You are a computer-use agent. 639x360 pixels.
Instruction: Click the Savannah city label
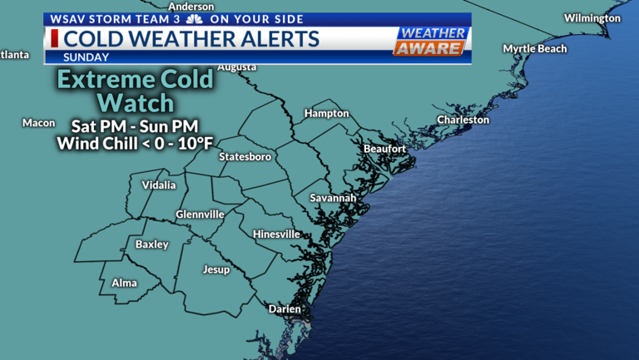click(x=333, y=198)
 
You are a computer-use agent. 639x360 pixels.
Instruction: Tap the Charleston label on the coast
click(x=463, y=120)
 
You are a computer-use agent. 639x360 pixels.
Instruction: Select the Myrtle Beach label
click(x=535, y=48)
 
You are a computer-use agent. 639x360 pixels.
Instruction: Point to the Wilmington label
click(x=592, y=18)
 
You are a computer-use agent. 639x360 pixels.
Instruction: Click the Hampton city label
click(x=326, y=113)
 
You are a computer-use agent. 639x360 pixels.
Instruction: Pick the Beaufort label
click(x=384, y=149)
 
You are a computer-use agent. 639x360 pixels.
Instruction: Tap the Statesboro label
click(x=245, y=156)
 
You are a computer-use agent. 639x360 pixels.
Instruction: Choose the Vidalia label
click(x=159, y=185)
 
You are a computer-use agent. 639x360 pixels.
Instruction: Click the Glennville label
click(x=200, y=215)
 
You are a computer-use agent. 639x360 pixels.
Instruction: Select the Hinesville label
click(x=276, y=234)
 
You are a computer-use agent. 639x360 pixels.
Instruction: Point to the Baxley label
click(x=152, y=244)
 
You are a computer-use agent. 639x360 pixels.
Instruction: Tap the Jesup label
click(x=216, y=269)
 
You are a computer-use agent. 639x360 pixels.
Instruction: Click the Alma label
click(x=125, y=284)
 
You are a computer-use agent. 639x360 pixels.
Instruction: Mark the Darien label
click(x=285, y=309)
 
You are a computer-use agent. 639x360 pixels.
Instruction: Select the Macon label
click(x=38, y=123)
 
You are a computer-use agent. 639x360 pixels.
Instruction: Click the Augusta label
click(x=237, y=67)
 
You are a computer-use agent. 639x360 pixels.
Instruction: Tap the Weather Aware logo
click(x=429, y=41)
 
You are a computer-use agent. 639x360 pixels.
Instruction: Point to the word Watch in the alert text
click(x=136, y=103)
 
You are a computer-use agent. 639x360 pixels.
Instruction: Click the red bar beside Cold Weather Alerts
click(x=55, y=38)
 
